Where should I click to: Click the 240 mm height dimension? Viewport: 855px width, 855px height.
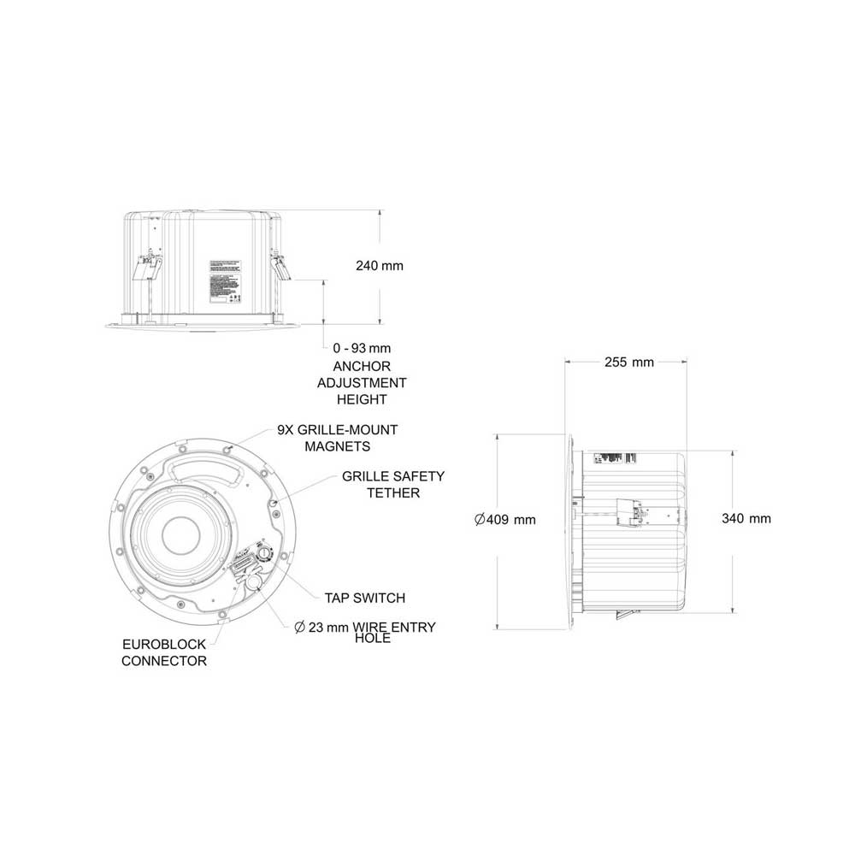coord(379,266)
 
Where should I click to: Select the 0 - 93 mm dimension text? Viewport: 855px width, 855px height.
coord(362,349)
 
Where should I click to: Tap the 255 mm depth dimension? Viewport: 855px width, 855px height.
coord(628,362)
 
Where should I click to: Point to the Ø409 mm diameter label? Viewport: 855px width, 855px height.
coord(504,519)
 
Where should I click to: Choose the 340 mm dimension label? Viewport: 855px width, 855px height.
coord(746,519)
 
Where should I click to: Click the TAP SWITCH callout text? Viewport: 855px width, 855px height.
coord(364,598)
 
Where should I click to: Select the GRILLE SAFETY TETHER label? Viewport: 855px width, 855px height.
coord(393,484)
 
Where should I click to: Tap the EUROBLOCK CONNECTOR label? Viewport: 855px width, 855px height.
coord(164,652)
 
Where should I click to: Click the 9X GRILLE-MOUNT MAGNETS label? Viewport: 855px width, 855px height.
coord(337,438)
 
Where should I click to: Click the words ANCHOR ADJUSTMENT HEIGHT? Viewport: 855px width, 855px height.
coord(362,383)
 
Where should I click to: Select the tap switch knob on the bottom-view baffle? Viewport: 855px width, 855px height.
coord(266,554)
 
